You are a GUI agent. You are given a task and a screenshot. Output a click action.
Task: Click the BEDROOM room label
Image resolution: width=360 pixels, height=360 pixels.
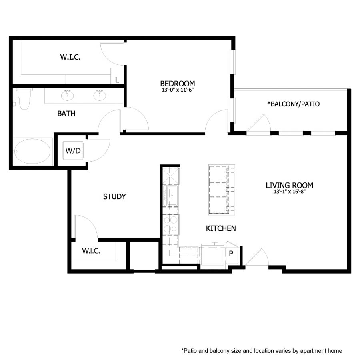[177, 83]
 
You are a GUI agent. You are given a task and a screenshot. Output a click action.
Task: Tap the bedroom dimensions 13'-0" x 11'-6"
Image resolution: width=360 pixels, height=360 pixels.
[177, 90]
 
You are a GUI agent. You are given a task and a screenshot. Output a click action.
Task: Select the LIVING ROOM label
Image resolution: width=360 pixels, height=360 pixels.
[289, 185]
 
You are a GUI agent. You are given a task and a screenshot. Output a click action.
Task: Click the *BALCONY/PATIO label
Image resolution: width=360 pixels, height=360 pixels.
[293, 104]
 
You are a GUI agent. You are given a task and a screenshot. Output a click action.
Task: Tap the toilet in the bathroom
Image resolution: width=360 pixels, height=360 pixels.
[24, 99]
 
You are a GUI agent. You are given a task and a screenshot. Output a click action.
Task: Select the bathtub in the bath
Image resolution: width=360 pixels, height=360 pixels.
[32, 151]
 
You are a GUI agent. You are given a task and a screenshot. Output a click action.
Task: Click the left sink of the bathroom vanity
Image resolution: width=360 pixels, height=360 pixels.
[68, 96]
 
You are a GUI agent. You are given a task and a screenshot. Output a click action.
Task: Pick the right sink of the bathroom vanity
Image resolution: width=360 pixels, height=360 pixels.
[100, 96]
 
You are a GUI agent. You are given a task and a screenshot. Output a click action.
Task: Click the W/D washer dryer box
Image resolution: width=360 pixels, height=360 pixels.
[72, 151]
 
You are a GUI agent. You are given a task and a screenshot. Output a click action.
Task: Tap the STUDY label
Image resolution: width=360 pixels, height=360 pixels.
[114, 196]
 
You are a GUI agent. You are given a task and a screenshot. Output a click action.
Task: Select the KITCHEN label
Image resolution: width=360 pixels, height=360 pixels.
[220, 228]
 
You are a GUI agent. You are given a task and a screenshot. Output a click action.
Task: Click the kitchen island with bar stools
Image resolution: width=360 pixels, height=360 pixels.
[221, 189]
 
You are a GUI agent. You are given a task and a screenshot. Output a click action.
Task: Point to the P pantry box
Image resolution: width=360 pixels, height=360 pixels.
[231, 253]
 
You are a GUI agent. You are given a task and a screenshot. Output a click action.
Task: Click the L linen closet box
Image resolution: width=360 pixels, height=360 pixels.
[117, 80]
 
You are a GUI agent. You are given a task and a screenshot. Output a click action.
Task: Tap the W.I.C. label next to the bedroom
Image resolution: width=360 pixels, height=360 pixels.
[70, 57]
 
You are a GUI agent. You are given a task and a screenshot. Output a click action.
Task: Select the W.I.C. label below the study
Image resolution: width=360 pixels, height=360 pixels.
[91, 251]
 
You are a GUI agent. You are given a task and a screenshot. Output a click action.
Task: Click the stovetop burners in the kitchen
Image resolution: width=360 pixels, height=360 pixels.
[171, 224]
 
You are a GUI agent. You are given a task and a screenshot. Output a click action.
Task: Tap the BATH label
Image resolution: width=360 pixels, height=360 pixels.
[66, 114]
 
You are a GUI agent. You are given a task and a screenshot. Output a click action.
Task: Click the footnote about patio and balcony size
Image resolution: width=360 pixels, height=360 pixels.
[262, 350]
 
